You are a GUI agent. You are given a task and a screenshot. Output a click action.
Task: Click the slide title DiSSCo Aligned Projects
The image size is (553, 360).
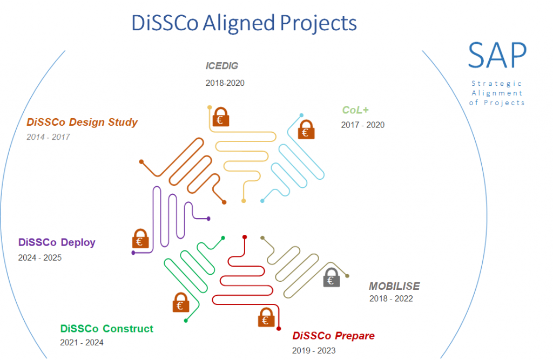click(244, 23)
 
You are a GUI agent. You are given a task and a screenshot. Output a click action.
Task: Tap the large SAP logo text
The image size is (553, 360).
click(497, 56)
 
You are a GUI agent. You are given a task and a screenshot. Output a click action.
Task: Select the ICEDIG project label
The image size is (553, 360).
click(221, 66)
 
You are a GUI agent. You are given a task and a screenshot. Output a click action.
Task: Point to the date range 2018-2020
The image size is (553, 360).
click(225, 83)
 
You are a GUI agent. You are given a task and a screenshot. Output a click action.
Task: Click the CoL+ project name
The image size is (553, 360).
click(355, 110)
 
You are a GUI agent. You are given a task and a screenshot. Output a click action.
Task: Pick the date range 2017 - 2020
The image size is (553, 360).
click(362, 125)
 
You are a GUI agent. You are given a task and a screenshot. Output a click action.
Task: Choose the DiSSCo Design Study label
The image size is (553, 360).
click(82, 122)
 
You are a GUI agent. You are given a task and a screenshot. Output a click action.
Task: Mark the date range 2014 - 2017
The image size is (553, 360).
click(48, 137)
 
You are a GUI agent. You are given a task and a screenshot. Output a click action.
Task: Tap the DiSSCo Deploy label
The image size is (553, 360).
click(57, 242)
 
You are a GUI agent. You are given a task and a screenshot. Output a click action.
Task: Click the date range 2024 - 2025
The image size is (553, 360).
click(40, 257)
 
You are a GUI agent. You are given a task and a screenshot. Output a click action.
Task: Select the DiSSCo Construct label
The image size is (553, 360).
click(107, 329)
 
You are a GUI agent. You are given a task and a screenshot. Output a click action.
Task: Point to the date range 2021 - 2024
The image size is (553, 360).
click(82, 342)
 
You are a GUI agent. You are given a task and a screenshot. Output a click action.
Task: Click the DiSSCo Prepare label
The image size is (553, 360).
click(333, 336)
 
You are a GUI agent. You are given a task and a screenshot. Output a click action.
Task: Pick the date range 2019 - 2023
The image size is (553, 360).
click(314, 350)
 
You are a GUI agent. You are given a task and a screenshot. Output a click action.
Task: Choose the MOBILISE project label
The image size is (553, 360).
click(394, 286)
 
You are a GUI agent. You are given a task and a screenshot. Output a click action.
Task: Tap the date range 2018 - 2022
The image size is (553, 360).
click(391, 298)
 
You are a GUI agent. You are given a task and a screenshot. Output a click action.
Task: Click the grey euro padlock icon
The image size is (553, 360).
click(332, 277)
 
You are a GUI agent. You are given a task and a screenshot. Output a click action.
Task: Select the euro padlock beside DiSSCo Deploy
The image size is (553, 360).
click(140, 239)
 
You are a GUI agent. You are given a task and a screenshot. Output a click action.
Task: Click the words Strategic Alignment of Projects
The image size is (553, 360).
click(497, 93)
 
